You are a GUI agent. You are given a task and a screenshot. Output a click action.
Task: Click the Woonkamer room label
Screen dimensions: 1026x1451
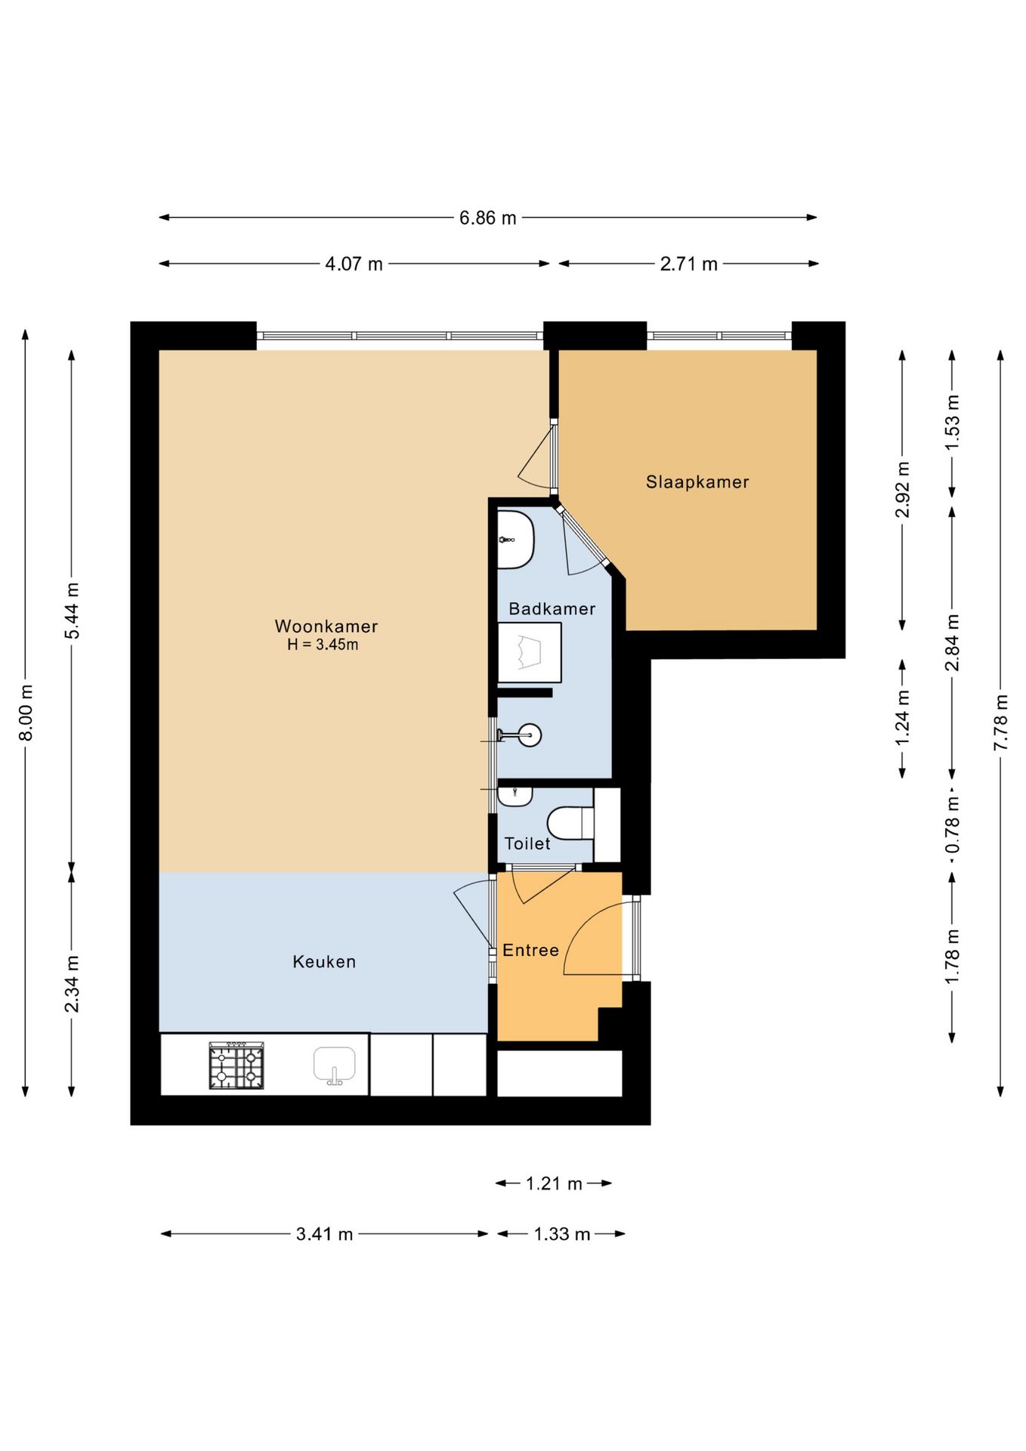coord(326,626)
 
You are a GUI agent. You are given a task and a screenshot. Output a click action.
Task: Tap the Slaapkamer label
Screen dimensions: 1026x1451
coord(697,482)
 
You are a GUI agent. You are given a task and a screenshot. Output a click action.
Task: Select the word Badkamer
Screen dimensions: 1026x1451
coord(552,608)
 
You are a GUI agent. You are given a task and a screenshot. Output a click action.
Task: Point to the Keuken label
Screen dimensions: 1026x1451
coord(324,961)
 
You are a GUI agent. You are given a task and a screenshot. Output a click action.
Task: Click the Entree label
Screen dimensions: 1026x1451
coord(531,950)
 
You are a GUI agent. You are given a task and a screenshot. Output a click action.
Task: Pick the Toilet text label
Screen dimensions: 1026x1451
coord(527,843)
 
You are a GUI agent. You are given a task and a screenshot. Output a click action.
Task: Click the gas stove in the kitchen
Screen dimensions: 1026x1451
coord(236,1066)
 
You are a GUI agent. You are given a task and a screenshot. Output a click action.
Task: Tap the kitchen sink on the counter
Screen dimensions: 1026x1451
coord(335,1066)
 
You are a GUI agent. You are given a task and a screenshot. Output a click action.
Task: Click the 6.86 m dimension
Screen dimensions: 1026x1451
coord(488,218)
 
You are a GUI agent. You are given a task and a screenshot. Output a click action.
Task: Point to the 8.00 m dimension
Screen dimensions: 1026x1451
coord(26,712)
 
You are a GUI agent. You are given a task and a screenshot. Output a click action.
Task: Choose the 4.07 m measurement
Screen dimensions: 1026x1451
coord(354,264)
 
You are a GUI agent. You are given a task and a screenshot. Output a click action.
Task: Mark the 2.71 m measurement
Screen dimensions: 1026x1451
coord(688,264)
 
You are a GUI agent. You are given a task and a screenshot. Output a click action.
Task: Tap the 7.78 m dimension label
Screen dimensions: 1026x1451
coord(1000,722)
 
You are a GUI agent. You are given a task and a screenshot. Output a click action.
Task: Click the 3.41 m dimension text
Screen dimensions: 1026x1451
coord(325,1234)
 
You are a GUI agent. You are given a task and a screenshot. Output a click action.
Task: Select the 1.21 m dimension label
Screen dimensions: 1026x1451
coord(554,1183)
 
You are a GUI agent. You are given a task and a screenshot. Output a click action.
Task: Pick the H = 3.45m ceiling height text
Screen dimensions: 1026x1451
coord(323,645)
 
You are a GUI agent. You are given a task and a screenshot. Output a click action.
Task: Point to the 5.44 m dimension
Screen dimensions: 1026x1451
coord(72,611)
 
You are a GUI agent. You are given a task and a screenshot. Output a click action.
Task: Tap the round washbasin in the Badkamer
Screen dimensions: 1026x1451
coord(530,735)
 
